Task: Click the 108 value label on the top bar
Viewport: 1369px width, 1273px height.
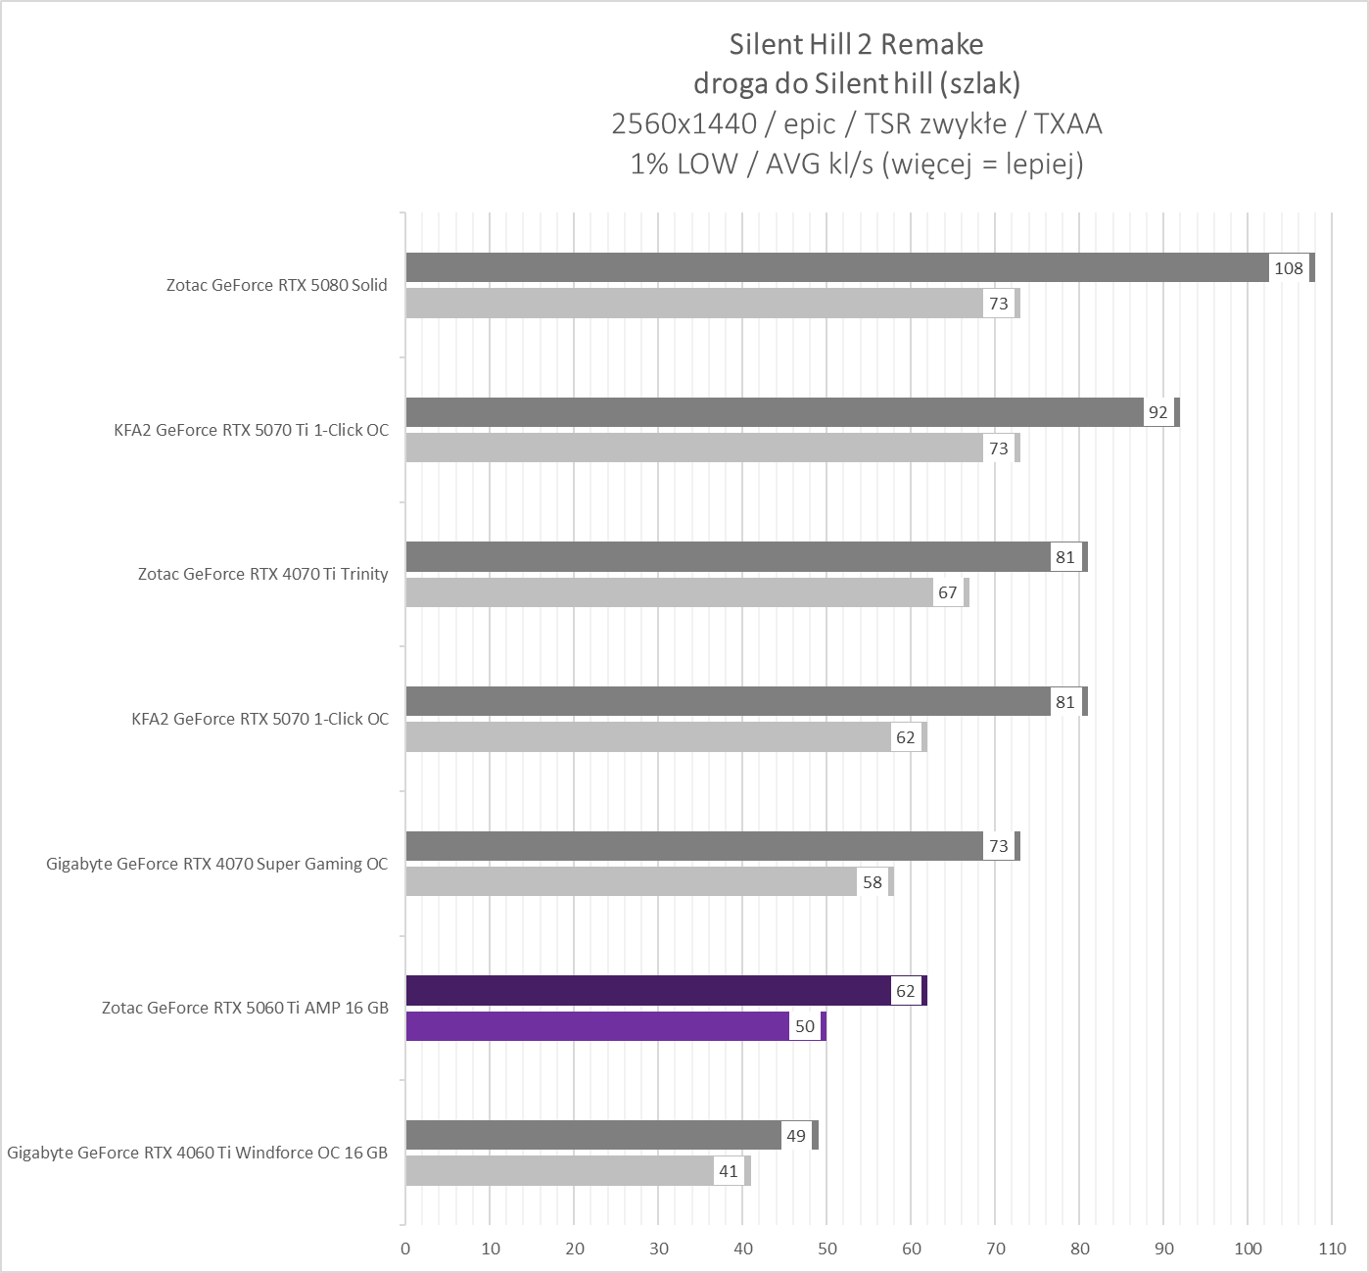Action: point(1288,268)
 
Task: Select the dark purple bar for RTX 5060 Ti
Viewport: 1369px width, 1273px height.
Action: point(646,991)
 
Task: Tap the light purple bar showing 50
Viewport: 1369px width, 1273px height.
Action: point(597,1026)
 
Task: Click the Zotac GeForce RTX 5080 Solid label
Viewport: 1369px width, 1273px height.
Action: point(277,285)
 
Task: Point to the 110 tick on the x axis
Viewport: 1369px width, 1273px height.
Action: point(1332,1249)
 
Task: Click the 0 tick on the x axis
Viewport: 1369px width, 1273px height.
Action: point(405,1249)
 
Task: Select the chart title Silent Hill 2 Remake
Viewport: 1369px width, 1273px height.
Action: point(856,44)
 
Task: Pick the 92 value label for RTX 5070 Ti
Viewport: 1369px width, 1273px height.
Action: point(1157,412)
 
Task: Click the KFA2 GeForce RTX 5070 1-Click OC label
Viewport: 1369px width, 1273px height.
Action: point(260,719)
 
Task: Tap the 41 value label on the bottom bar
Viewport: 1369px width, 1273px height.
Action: point(729,1171)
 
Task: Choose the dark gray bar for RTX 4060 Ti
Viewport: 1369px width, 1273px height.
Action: point(592,1135)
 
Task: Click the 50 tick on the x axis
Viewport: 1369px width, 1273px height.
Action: point(827,1249)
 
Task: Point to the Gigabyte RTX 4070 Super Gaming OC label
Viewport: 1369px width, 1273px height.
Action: point(217,864)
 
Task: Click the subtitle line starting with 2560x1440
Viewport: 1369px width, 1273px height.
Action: point(856,123)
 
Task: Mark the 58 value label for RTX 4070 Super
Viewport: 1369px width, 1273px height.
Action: point(872,882)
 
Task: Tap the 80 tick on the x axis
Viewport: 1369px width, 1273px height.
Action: point(1080,1249)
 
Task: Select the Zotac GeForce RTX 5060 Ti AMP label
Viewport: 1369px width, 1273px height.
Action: point(246,1008)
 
